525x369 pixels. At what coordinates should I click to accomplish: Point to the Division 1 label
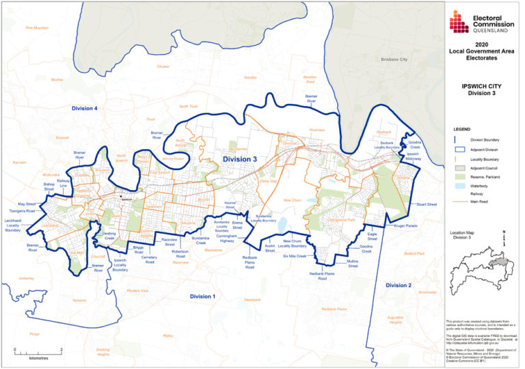(202, 296)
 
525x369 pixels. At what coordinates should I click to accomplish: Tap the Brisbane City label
(392, 59)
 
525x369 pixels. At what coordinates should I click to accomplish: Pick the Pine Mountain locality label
(36, 28)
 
